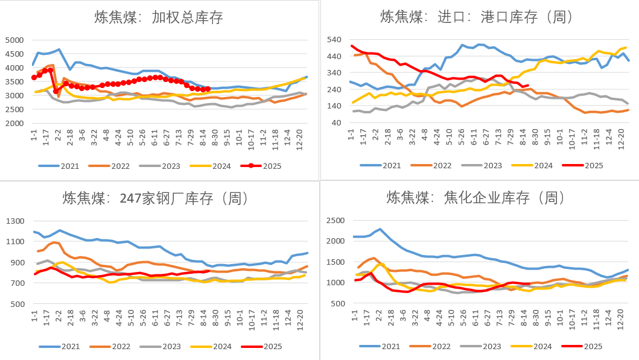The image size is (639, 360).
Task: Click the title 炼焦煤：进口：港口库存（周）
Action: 476,17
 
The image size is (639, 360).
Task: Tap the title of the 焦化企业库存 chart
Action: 475,198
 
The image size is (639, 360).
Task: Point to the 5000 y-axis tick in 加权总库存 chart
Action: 13,40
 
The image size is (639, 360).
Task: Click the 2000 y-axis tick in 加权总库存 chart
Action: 13,123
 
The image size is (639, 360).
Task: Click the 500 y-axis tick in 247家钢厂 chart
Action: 16,304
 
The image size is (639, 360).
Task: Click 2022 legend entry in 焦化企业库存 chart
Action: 433,346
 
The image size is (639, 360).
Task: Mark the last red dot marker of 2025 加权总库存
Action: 208,89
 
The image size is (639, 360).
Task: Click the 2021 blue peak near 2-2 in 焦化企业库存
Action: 380,229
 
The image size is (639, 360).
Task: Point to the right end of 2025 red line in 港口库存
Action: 529,85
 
